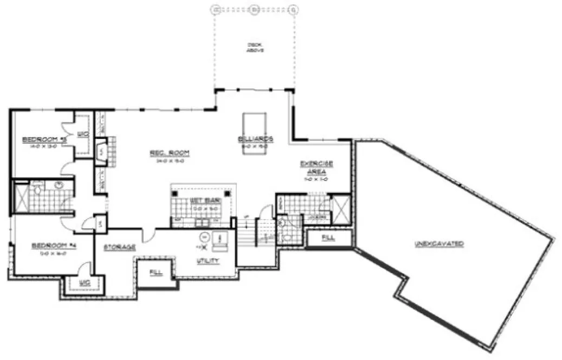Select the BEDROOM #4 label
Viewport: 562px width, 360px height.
[x=54, y=246]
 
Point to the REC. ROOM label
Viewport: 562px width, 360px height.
[x=165, y=153]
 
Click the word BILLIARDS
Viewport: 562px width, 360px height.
[x=255, y=139]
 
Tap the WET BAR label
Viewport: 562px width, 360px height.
[x=203, y=200]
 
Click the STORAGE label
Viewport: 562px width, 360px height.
[x=119, y=247]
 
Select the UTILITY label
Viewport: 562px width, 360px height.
[x=208, y=261]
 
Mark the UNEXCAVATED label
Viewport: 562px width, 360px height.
[x=439, y=244]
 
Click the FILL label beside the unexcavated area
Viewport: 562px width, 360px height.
[x=328, y=237]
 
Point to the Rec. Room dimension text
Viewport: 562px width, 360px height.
[x=165, y=160]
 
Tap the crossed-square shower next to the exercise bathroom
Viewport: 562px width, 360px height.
[x=341, y=208]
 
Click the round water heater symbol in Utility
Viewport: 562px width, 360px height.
[x=204, y=237]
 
